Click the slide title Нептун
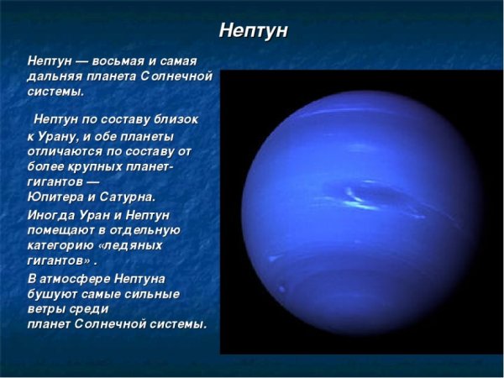[253, 30]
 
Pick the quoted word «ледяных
[135, 245]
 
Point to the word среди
[93, 308]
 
